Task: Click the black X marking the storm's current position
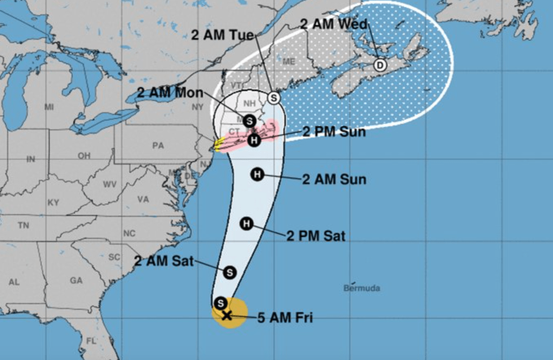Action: click(x=226, y=316)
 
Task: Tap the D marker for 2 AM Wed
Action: click(x=380, y=65)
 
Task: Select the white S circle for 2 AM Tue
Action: click(x=274, y=98)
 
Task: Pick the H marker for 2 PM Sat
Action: click(x=247, y=223)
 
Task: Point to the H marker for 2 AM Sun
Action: click(x=257, y=174)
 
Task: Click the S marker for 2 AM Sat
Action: click(x=230, y=272)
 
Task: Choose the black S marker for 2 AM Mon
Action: click(x=249, y=120)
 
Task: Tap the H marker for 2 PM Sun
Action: click(x=254, y=140)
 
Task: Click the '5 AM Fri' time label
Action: click(x=285, y=318)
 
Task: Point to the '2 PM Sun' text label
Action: click(x=334, y=132)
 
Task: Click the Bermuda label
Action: click(x=362, y=288)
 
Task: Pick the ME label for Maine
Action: click(x=289, y=62)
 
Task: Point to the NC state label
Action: click(x=129, y=233)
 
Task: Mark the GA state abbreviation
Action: click(x=76, y=281)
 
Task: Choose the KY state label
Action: click(x=53, y=203)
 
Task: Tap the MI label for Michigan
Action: click(x=49, y=106)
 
